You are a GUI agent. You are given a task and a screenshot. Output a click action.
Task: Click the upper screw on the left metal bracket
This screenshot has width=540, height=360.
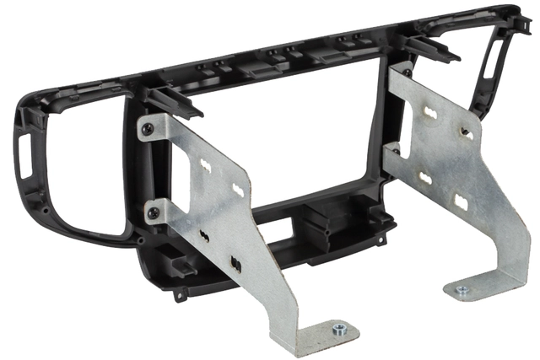(149, 128)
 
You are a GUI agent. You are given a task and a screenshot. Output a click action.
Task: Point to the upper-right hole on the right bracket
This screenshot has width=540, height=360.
(463, 130)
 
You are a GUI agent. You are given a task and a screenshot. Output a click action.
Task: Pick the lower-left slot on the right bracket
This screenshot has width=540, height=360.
(426, 178)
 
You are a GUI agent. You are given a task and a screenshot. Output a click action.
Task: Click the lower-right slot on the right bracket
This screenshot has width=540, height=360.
(461, 201)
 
